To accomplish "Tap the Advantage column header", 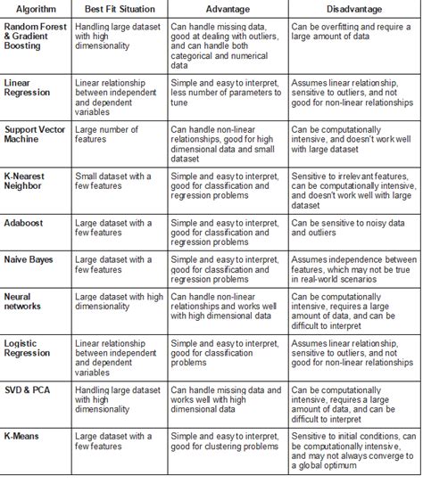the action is click(x=228, y=8).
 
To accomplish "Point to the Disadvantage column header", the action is click(x=353, y=8).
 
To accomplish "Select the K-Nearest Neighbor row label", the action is click(x=32, y=182).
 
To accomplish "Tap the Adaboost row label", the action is click(x=26, y=222).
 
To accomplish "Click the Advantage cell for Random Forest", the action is click(x=227, y=46).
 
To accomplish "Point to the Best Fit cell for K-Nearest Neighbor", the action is click(x=114, y=182).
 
